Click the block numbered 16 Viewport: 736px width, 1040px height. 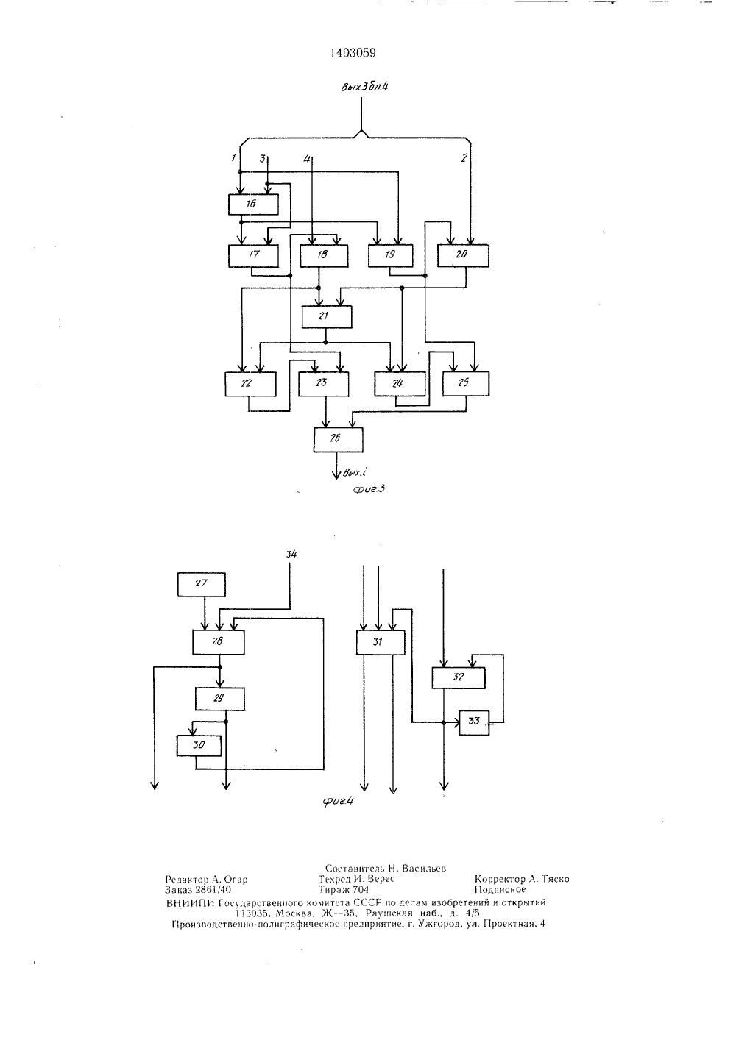click(253, 204)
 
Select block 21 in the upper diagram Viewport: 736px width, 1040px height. click(327, 317)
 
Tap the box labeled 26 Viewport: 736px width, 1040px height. click(339, 439)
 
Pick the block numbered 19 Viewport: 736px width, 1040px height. click(390, 255)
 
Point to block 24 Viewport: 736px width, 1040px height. click(400, 383)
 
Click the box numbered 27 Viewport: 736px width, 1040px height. click(202, 585)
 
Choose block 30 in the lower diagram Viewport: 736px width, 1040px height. click(199, 746)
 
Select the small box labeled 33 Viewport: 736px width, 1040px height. click(474, 723)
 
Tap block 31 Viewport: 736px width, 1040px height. click(380, 643)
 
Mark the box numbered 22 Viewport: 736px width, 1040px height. click(250, 384)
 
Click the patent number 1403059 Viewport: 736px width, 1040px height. click(353, 54)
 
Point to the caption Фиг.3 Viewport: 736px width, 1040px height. click(369, 488)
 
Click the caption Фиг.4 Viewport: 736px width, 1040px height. click(338, 801)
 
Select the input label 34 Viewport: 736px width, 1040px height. click(291, 555)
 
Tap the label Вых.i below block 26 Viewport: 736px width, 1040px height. click(355, 473)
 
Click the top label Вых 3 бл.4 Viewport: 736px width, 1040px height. click(364, 87)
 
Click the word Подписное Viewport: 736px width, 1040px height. click(500, 890)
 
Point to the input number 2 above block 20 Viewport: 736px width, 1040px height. click(464, 158)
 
